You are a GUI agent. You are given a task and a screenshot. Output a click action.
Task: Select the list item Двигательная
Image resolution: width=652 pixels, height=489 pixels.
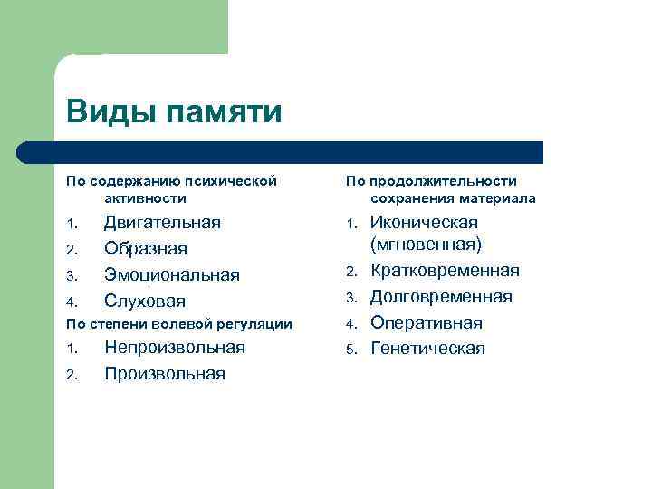(162, 223)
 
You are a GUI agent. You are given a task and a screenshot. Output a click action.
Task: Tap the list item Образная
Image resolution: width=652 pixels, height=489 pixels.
(146, 248)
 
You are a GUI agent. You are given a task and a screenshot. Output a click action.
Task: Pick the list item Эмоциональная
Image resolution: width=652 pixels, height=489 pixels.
(171, 274)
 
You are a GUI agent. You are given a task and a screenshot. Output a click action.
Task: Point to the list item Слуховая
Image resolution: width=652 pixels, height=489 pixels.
(144, 301)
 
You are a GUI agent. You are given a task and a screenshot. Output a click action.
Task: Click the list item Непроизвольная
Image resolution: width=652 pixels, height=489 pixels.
(175, 348)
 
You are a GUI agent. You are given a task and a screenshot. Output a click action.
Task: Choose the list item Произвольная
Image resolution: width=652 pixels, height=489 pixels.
(164, 374)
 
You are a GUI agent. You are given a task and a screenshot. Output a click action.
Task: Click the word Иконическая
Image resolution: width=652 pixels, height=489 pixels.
(424, 223)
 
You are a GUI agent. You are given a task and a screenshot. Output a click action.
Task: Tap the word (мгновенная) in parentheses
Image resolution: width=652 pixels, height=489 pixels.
(427, 244)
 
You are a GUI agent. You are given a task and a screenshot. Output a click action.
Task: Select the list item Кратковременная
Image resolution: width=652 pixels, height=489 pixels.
(445, 271)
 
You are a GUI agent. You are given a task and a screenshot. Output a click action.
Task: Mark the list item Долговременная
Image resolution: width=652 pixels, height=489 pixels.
(441, 297)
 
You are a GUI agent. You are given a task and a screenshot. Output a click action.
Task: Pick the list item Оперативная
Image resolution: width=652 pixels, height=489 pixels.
(427, 322)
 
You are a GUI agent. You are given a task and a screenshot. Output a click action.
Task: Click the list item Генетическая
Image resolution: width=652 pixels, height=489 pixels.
(427, 349)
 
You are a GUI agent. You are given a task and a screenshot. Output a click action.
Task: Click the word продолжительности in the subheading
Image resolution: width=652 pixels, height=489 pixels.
(454, 181)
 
